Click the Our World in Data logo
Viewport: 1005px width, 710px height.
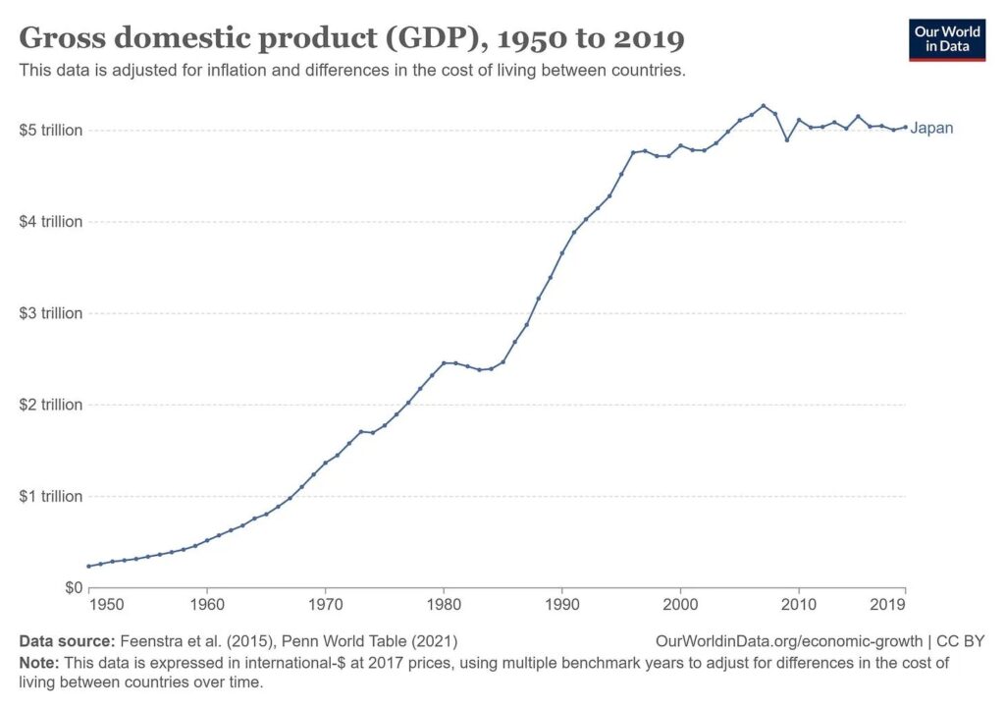click(946, 38)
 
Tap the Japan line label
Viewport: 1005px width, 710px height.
click(931, 128)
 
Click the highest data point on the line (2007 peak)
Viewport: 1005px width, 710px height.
click(763, 105)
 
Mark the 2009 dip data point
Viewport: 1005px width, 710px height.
click(787, 139)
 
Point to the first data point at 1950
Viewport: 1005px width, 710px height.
click(88, 566)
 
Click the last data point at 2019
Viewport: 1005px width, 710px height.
click(904, 127)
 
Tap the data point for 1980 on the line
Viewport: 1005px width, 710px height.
click(444, 362)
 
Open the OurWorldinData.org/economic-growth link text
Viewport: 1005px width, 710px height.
click(789, 641)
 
